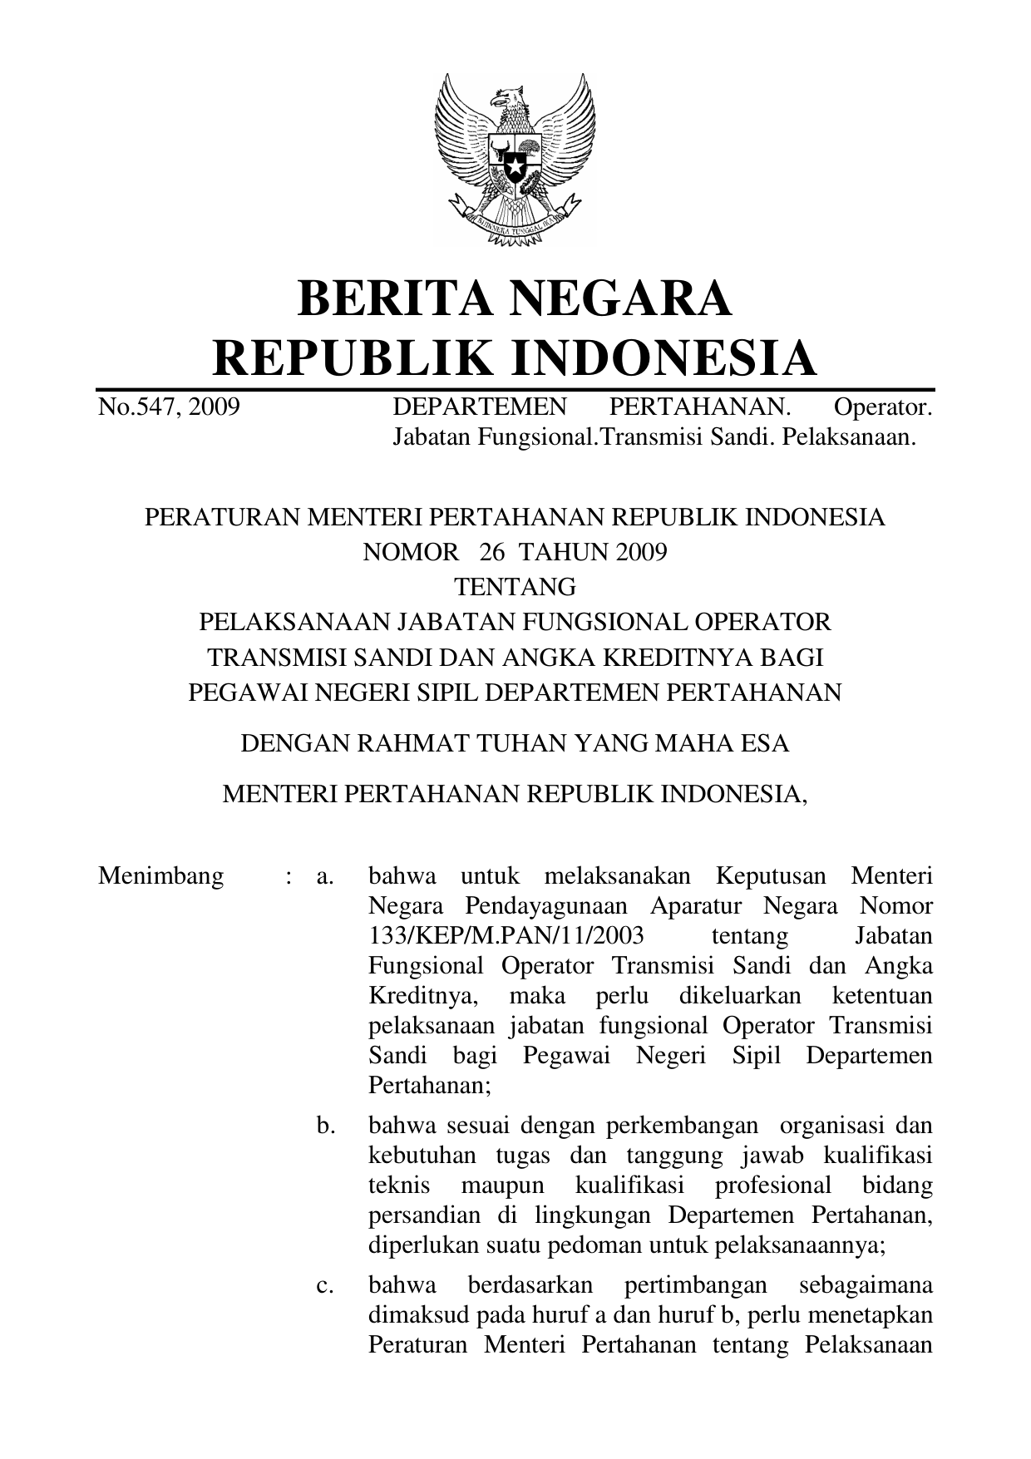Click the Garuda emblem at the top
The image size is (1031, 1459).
point(515,159)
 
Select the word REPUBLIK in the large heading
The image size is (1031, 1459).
point(353,358)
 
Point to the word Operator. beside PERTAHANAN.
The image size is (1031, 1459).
point(882,407)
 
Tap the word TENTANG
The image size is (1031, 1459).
point(515,588)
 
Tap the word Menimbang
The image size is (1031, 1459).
point(160,876)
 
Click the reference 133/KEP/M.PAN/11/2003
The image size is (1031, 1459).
point(506,936)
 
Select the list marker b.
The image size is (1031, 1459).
point(325,1126)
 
